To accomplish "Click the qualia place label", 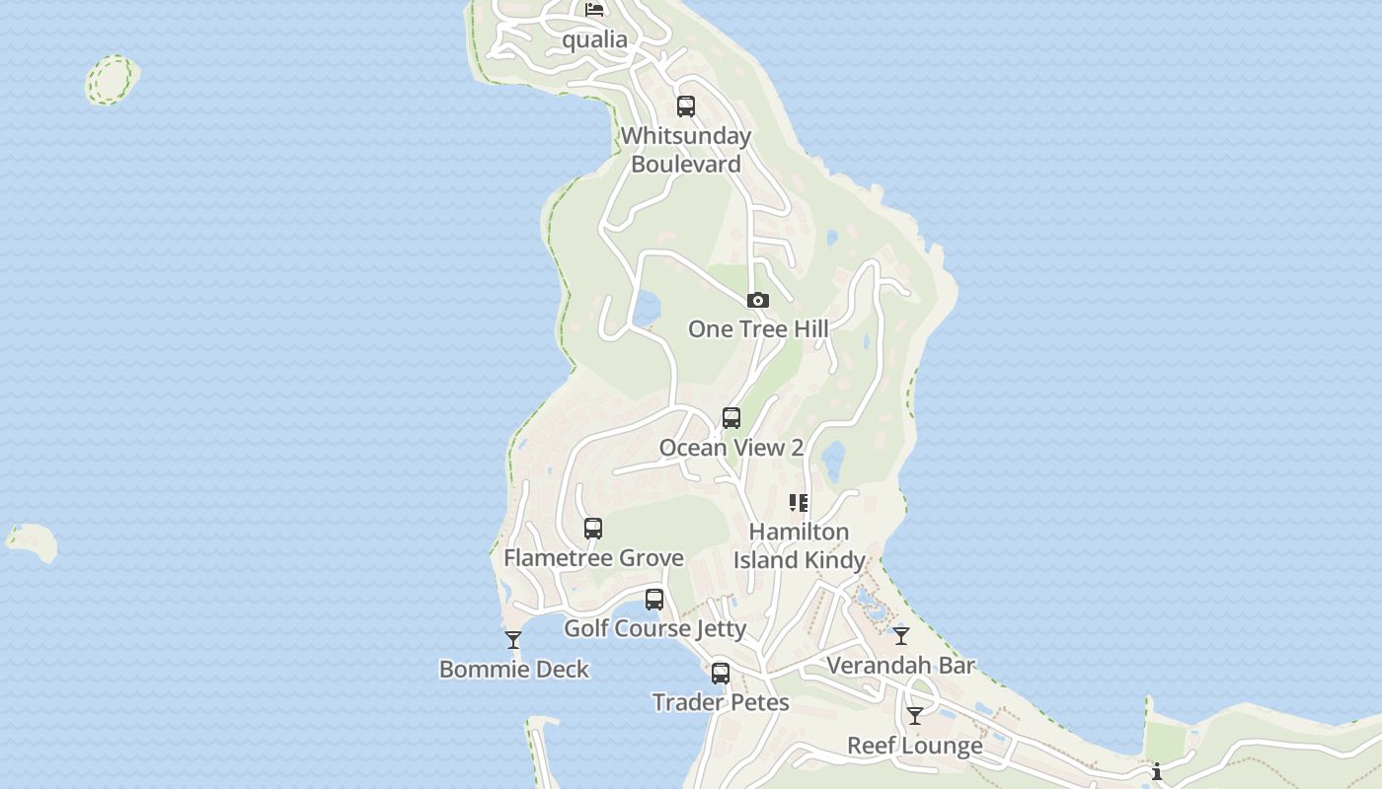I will (x=594, y=39).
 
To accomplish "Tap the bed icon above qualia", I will (x=594, y=10).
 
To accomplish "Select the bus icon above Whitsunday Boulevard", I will (x=685, y=107).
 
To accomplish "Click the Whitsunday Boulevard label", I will (x=686, y=150).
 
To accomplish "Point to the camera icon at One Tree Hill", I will (x=757, y=300).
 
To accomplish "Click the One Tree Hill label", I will (x=757, y=328).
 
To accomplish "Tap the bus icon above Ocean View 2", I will (x=730, y=418).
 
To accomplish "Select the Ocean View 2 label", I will (x=730, y=448).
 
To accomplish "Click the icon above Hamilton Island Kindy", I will (x=799, y=503).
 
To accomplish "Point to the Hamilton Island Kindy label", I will (x=799, y=545).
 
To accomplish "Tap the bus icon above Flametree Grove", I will (x=592, y=529).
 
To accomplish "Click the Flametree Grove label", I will (x=593, y=558).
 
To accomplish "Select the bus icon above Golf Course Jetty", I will (x=653, y=600).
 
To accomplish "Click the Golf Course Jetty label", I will (x=654, y=628).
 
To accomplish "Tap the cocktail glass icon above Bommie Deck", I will (x=513, y=640).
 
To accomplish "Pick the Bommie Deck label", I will (x=513, y=670).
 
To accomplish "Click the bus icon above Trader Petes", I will (x=721, y=674).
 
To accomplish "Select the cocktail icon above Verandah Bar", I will (x=900, y=636).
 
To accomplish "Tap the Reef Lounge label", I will (x=914, y=746).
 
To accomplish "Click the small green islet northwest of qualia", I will (x=112, y=79).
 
